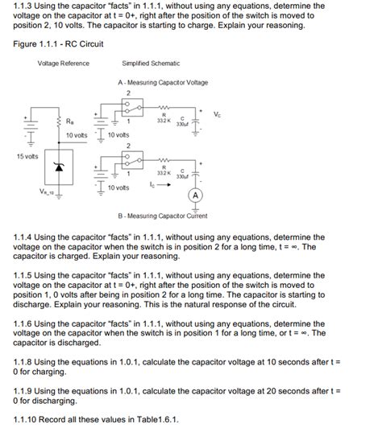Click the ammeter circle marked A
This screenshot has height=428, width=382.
tap(194, 195)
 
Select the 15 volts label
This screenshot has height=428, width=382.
tap(27, 155)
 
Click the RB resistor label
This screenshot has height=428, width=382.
tap(70, 121)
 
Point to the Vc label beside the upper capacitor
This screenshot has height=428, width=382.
tap(218, 113)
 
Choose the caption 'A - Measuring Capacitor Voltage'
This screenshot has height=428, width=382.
tap(162, 83)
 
